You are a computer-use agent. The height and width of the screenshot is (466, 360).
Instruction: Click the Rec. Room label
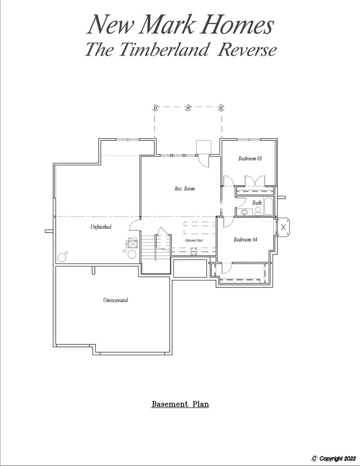point(185,188)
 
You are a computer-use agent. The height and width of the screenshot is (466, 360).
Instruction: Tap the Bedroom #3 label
point(250,158)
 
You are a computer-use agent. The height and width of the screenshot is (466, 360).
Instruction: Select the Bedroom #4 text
point(245,240)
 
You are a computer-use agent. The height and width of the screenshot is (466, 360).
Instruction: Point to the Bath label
point(257,203)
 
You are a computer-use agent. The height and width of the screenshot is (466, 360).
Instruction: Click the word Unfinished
point(101,227)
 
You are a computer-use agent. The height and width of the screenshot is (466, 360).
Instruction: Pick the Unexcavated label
point(115,300)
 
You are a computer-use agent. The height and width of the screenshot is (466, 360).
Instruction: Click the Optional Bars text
point(194,240)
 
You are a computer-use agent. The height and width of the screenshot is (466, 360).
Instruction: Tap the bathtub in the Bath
point(268,206)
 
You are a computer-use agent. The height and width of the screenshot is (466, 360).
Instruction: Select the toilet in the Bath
point(258,211)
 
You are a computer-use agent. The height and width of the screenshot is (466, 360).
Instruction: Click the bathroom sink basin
point(245,212)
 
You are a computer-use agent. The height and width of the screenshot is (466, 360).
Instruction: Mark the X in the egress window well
point(283,227)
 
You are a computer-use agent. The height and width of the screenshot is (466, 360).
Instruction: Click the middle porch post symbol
point(188,107)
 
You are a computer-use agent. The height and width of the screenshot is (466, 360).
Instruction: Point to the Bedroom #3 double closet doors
point(255,180)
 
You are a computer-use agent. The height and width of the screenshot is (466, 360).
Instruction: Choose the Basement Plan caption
point(180,404)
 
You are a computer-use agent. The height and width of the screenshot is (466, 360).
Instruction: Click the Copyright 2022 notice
point(334,458)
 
